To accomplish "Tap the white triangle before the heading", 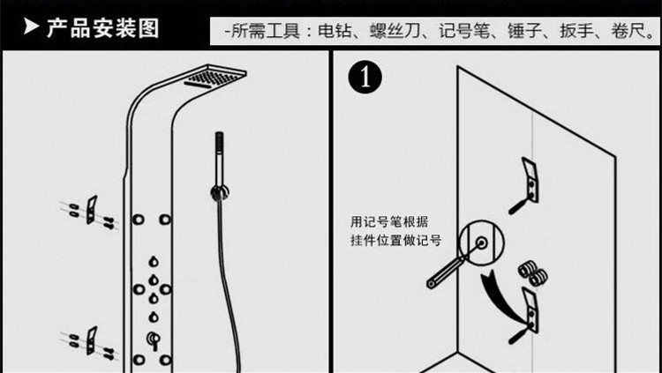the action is click(x=33, y=27).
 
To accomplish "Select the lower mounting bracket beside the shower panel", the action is click(x=91, y=338).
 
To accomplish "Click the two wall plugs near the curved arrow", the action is click(x=531, y=271).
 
